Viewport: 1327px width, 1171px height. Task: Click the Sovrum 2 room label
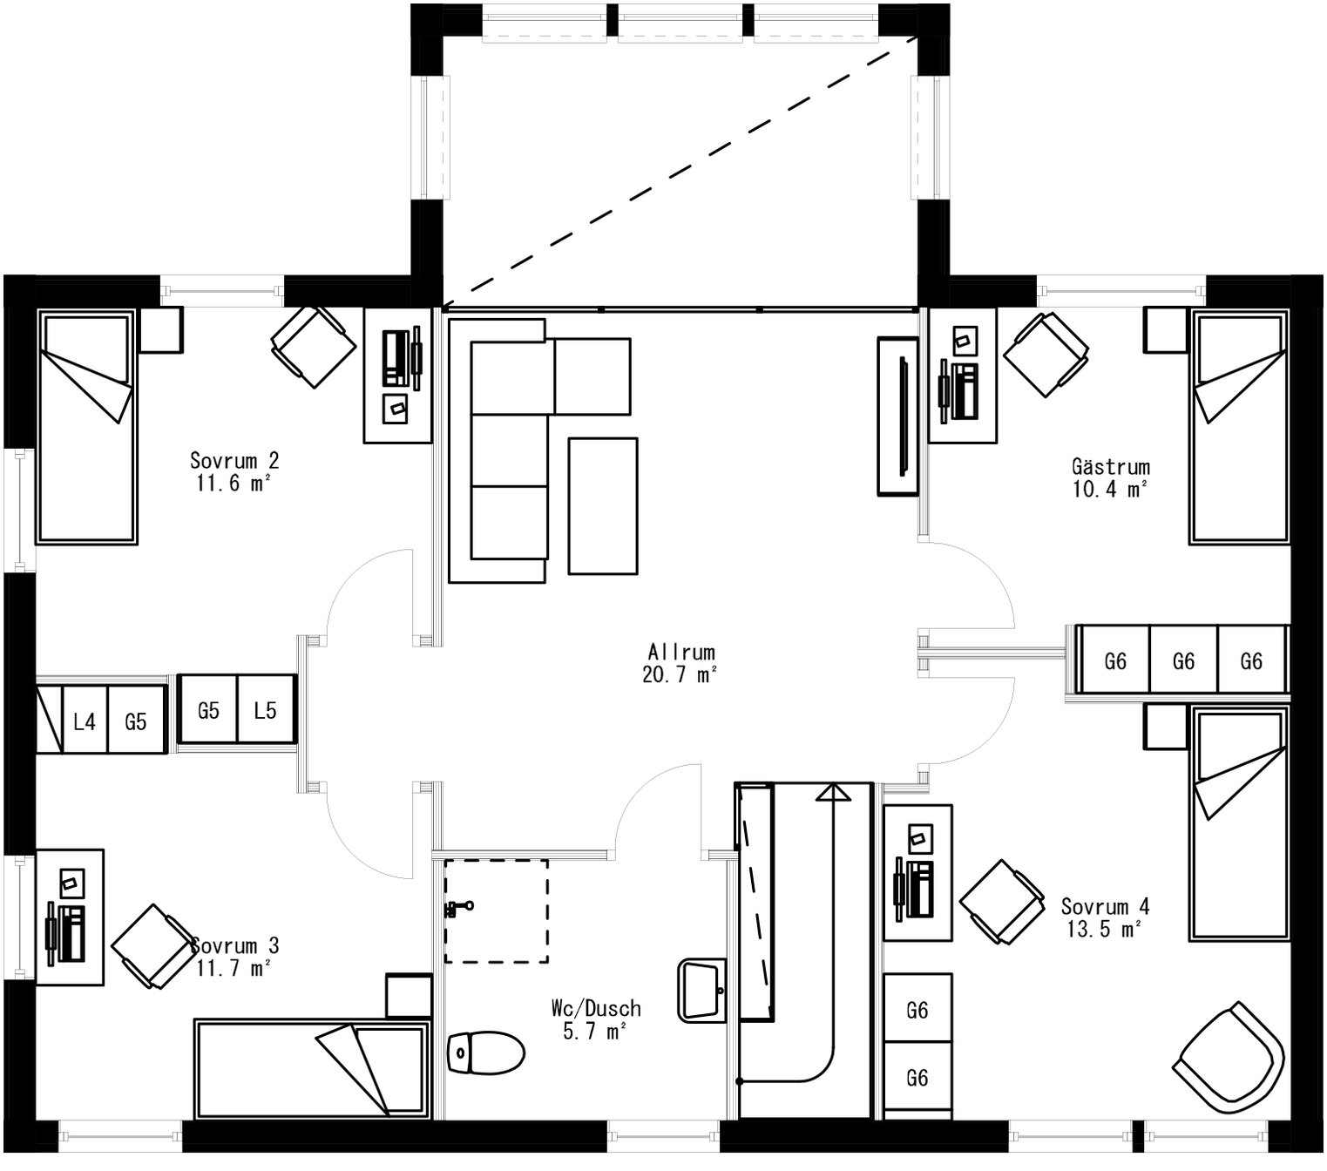(x=234, y=460)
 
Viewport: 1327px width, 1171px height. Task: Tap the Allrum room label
(x=680, y=652)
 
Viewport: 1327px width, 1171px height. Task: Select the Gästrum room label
(x=1110, y=466)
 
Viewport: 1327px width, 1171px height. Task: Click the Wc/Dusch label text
(x=596, y=1008)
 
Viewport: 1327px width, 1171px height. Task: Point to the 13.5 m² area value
(x=1103, y=930)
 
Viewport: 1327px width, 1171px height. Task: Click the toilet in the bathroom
(x=485, y=1053)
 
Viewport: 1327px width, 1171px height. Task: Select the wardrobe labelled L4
(x=85, y=721)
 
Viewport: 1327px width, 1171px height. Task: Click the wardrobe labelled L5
(x=266, y=711)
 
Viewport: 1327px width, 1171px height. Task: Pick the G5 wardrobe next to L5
(x=208, y=711)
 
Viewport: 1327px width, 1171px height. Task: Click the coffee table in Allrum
(x=602, y=505)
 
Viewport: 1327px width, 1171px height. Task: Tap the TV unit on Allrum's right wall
(x=897, y=416)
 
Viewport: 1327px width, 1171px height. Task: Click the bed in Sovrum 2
(x=86, y=427)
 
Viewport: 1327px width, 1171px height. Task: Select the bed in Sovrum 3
(x=311, y=1069)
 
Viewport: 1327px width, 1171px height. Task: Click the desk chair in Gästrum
(x=1046, y=355)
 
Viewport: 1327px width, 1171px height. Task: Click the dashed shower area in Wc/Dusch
(x=496, y=910)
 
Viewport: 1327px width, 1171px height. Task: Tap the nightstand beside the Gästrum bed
(x=1166, y=330)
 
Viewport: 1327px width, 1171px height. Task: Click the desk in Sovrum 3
(x=70, y=917)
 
